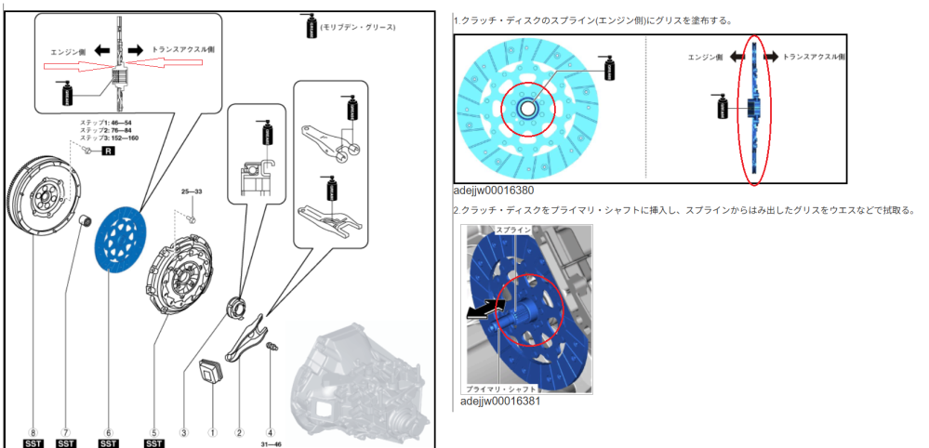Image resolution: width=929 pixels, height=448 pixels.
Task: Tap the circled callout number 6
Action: (108, 432)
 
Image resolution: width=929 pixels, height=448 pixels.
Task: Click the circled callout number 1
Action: (212, 432)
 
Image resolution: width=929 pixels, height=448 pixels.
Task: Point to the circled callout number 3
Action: (184, 432)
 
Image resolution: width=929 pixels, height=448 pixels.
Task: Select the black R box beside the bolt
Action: (107, 150)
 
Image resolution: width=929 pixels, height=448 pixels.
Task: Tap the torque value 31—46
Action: (270, 443)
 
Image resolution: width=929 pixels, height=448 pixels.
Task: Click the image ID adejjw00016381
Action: (500, 401)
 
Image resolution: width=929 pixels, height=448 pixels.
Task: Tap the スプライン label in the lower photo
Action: (512, 229)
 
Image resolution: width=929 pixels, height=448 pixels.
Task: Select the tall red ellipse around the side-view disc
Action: (754, 110)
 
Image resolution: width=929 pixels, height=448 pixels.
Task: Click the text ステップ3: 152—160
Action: (109, 138)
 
